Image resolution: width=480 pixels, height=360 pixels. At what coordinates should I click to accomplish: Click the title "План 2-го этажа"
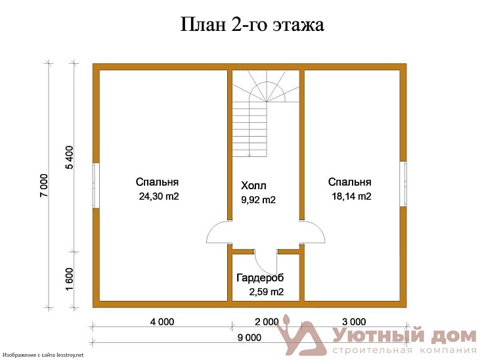click(253, 26)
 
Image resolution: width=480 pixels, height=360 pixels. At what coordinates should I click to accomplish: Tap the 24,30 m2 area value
click(158, 196)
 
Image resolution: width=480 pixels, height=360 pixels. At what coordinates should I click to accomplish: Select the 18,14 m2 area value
click(351, 196)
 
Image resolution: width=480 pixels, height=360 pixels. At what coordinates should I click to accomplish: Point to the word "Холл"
click(254, 185)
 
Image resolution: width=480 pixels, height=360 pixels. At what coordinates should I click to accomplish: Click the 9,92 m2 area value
click(259, 200)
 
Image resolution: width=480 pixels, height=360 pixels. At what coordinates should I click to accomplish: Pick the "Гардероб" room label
click(260, 278)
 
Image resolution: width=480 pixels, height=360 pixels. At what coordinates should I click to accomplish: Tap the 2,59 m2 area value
click(266, 292)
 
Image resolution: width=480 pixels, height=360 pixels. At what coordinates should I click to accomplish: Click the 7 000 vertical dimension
click(44, 185)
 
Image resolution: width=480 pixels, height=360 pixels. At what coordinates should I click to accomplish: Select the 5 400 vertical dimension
click(70, 157)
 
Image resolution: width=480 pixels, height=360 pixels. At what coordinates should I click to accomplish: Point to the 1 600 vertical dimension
click(70, 279)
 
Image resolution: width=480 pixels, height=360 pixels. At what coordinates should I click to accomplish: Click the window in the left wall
click(96, 185)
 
